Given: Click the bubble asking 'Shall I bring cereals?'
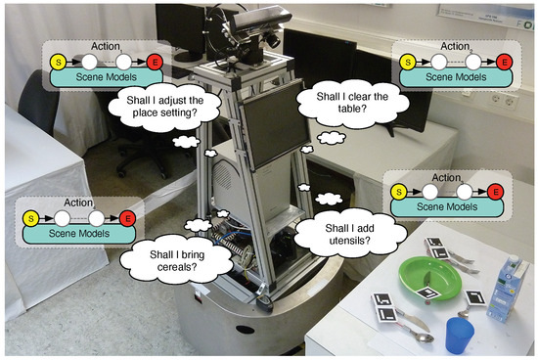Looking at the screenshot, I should click(166, 256).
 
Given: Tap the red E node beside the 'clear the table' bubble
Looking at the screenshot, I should click(504, 62).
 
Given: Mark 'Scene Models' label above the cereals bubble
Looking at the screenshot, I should click(78, 233).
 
